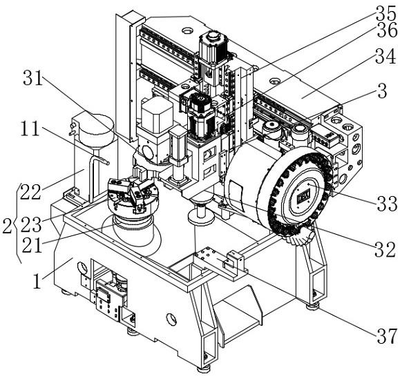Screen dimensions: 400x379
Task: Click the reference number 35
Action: [385, 12]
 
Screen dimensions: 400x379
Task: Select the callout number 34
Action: [385, 56]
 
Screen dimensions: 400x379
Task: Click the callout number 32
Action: [385, 249]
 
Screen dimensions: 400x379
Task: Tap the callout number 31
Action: [32, 78]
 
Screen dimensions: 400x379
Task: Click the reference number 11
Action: [30, 128]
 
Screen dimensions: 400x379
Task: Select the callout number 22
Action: [30, 191]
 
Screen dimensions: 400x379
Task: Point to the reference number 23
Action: [31, 224]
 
